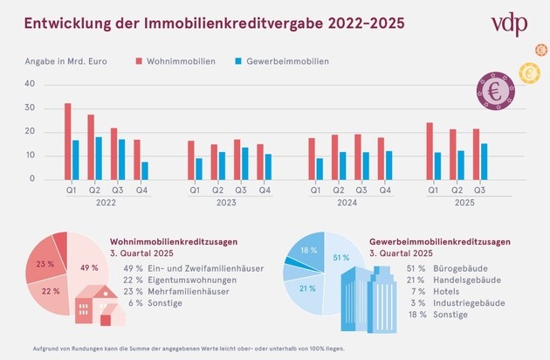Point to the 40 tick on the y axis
point(29,84)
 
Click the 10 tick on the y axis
point(29,156)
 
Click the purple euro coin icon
point(493,90)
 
